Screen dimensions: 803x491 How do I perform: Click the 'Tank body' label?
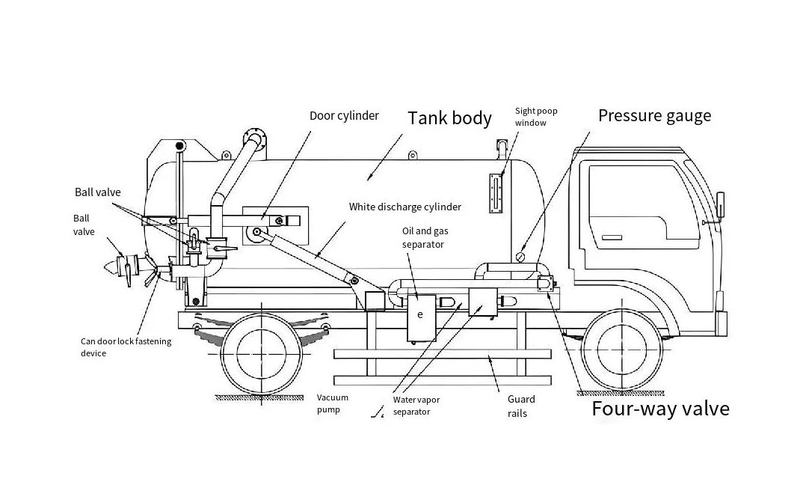pos(449,118)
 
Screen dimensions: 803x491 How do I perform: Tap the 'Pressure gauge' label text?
pos(654,116)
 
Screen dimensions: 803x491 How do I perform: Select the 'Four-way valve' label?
pos(661,409)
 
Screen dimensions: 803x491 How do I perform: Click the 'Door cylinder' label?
pos(344,116)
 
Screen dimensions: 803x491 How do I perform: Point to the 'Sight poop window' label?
pos(535,117)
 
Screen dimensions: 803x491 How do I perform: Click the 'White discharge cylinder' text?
pos(405,207)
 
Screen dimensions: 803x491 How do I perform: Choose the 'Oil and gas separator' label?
pos(425,238)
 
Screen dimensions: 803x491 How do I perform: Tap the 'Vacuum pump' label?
pos(333,403)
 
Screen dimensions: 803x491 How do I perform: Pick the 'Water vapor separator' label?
pos(416,406)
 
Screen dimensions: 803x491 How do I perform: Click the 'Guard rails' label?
pos(521,406)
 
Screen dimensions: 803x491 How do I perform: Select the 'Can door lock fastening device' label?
pos(126,347)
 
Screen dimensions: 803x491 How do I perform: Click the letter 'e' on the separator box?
pos(420,314)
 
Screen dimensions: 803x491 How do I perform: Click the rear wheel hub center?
pos(262,353)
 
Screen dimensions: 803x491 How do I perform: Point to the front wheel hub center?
pos(622,350)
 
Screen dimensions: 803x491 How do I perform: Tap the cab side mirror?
pos(719,205)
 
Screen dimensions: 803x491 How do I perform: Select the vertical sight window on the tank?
pos(496,193)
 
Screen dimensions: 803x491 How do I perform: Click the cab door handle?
pos(612,237)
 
